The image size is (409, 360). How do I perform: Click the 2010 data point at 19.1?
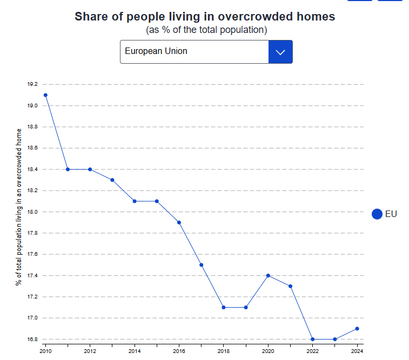(x=45, y=95)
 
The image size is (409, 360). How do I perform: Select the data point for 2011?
(x=68, y=169)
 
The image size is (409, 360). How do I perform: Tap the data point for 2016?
(x=179, y=222)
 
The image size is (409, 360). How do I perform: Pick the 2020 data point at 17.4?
(x=268, y=275)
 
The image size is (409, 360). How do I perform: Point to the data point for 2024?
(x=357, y=329)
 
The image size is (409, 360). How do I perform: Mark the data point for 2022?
(x=313, y=339)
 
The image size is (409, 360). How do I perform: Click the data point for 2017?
(x=201, y=265)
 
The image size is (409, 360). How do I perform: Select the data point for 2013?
(x=112, y=180)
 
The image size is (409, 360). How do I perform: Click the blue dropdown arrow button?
(x=280, y=52)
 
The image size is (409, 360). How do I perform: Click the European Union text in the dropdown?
(x=156, y=51)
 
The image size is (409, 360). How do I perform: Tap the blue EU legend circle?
(x=377, y=214)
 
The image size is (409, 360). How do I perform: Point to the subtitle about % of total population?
(x=206, y=30)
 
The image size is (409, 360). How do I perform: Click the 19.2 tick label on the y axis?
(x=32, y=85)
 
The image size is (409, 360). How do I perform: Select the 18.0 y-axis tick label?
(x=32, y=212)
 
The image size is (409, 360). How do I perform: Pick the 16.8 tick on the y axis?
(x=32, y=339)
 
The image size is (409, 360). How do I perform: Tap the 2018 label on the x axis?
(x=224, y=351)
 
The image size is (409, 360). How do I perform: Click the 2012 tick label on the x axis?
(x=90, y=351)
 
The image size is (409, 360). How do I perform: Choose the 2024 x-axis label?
(x=357, y=351)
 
